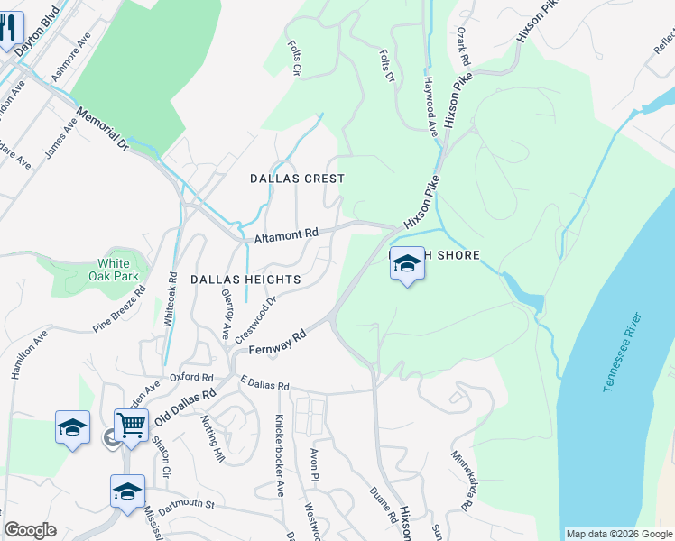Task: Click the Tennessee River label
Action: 624,352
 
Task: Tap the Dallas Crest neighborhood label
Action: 297,179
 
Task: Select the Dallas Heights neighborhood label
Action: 238,280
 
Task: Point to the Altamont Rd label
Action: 286,235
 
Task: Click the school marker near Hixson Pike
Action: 407,264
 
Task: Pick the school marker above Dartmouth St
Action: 127,491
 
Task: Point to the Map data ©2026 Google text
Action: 618,534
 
